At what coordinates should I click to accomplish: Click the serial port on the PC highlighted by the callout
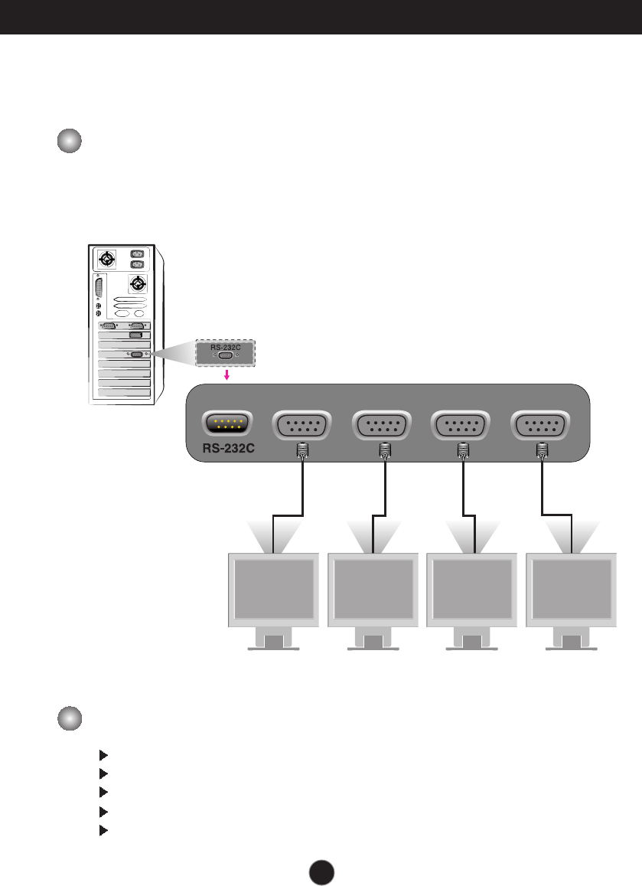(x=138, y=355)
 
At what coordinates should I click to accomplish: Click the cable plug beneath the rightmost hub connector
(x=542, y=450)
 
